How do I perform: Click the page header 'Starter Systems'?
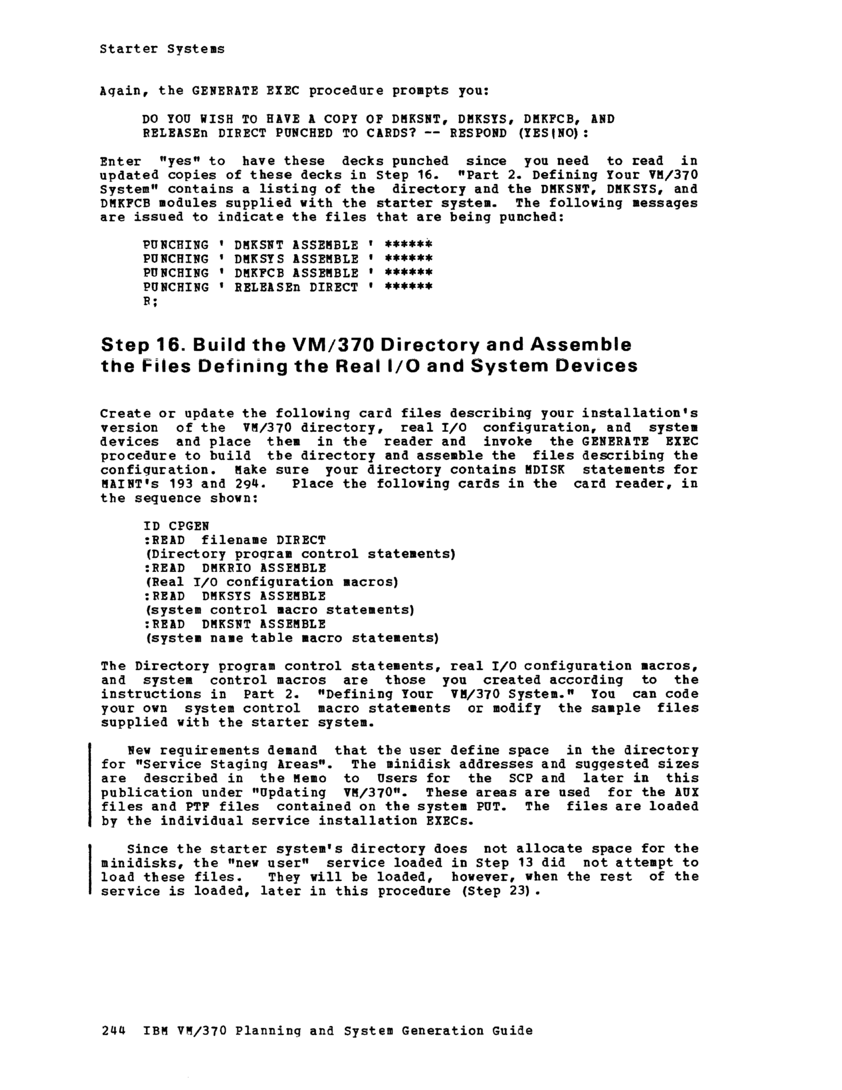[x=162, y=49]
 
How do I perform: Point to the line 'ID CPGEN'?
[x=176, y=526]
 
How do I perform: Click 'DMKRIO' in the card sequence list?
[x=222, y=568]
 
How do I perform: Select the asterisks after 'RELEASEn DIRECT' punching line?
[x=408, y=287]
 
